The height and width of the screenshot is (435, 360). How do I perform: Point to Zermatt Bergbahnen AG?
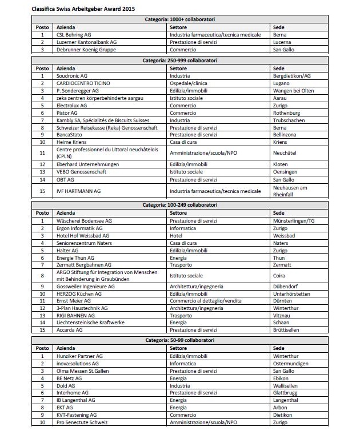(x=84, y=265)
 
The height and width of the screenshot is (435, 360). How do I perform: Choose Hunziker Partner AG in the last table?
(x=80, y=355)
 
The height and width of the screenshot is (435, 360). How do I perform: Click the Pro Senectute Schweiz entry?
(x=82, y=422)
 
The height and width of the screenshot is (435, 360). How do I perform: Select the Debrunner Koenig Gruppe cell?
(x=86, y=50)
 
